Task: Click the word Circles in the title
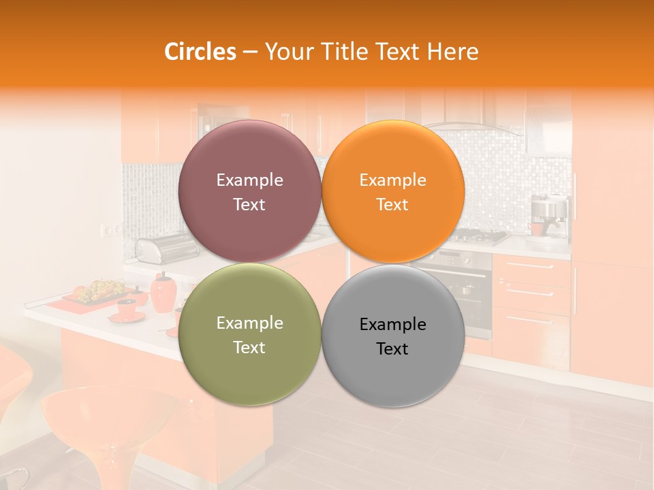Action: [200, 52]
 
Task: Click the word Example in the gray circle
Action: [393, 325]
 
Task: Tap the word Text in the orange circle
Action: [392, 204]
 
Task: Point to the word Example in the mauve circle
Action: [249, 180]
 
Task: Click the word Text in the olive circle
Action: [249, 347]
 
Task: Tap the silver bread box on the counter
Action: [157, 248]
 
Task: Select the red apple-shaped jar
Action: [163, 293]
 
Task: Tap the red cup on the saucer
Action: [127, 307]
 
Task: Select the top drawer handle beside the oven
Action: [531, 266]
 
